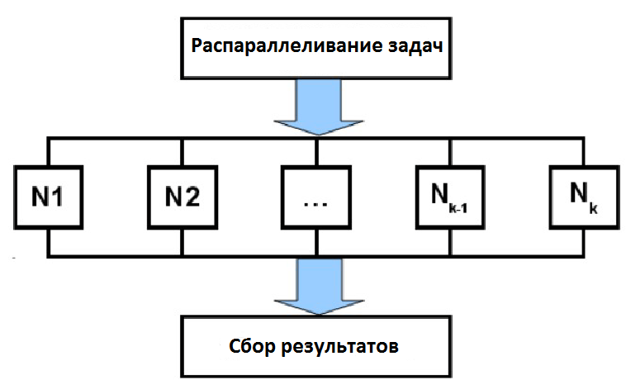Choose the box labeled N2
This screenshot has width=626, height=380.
tap(181, 197)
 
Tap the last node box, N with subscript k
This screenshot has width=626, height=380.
tap(583, 197)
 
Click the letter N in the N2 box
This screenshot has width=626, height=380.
tap(170, 197)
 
